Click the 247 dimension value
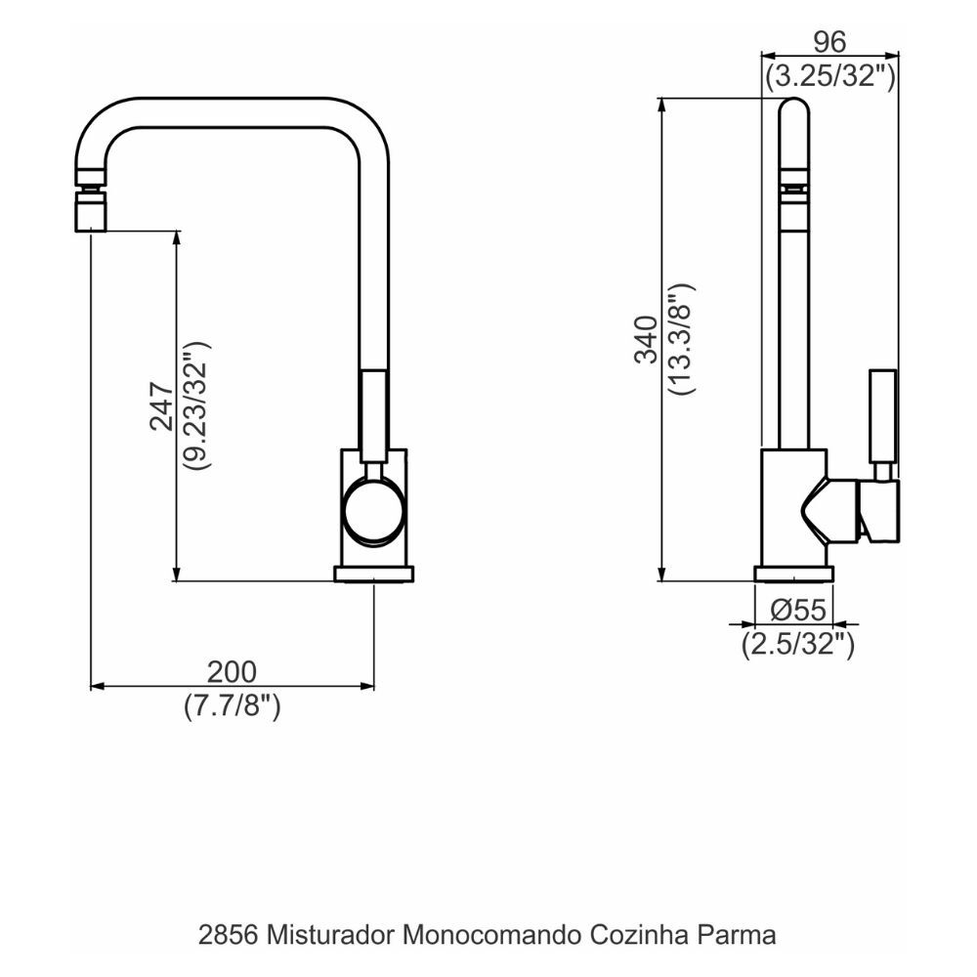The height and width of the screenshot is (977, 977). [161, 405]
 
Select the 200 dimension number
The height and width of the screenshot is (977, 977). [232, 672]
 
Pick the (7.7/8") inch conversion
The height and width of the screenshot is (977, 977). [233, 705]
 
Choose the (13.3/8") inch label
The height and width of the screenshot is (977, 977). [681, 339]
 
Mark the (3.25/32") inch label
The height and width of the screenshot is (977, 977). [830, 75]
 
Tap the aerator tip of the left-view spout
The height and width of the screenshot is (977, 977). [90, 210]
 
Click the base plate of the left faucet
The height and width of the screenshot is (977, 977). [374, 574]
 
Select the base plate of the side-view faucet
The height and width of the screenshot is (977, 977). [793, 573]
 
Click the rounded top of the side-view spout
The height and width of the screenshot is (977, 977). [794, 112]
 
